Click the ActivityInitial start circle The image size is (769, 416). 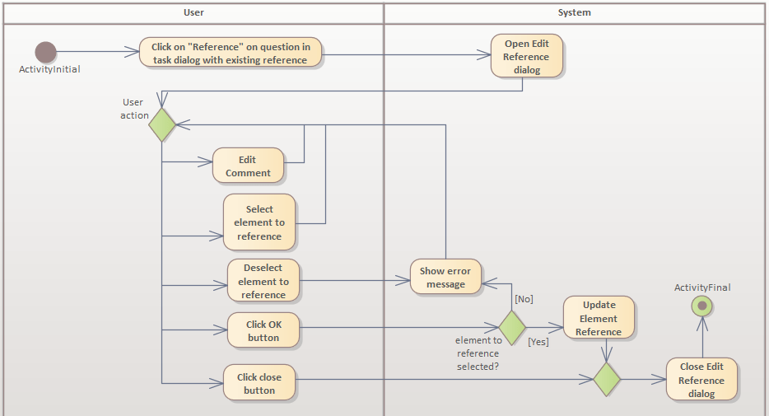tap(46, 52)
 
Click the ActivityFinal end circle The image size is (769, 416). tap(702, 306)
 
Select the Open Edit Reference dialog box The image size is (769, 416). tap(527, 56)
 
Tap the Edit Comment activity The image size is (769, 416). tap(248, 166)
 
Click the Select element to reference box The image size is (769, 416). tap(259, 222)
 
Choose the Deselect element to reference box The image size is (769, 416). tap(263, 281)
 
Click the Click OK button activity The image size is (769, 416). tap(263, 331)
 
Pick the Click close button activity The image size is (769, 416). tap(259, 384)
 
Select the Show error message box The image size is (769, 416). tap(445, 278)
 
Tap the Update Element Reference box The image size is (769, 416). tap(599, 318)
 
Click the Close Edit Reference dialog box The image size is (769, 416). tap(701, 380)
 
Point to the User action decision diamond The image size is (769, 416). tap(162, 124)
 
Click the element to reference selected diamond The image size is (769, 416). tap(512, 327)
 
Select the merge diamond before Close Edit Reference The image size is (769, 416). tap(607, 379)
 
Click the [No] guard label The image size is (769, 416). tap(524, 299)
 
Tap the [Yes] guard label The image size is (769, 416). tap(538, 341)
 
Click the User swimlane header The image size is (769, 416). tap(193, 12)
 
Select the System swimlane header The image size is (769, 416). tap(574, 12)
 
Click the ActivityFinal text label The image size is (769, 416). tap(702, 287)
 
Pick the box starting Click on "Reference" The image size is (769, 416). tap(231, 54)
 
